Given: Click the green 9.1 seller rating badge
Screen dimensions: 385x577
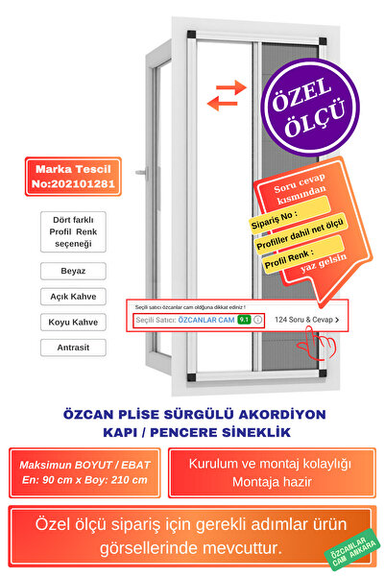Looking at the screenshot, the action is [x=244, y=319].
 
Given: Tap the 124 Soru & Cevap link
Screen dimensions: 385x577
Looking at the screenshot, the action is [x=306, y=319].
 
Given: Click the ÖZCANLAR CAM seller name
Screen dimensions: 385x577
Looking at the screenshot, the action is [x=205, y=319].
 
